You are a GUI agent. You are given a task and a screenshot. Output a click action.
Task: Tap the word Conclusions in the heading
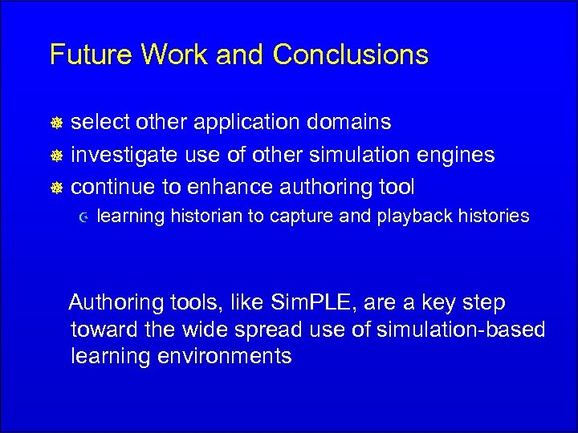pyautogui.click(x=351, y=55)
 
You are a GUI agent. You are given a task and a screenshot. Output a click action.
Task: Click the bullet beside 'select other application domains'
pyautogui.click(x=57, y=123)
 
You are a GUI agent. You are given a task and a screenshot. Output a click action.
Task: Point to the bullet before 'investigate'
pyautogui.click(x=57, y=156)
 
